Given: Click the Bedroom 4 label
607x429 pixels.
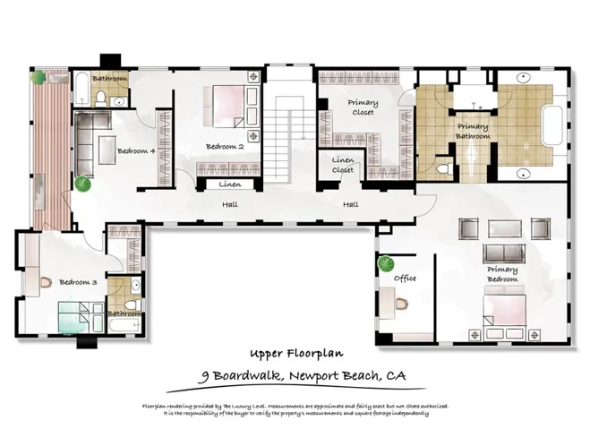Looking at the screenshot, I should (x=137, y=151).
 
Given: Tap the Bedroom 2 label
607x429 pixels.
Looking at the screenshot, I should (x=225, y=146).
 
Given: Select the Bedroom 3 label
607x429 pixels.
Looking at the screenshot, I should (x=78, y=282).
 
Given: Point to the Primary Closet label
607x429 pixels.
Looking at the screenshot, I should (x=362, y=108).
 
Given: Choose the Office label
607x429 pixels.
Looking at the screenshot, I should (x=405, y=279).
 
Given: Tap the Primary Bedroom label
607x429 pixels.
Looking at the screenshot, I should (x=502, y=274).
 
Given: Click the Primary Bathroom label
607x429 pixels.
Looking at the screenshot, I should (x=474, y=132).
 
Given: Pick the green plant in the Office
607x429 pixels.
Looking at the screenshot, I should (x=386, y=264).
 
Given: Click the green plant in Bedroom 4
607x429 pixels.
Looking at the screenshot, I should (x=83, y=184).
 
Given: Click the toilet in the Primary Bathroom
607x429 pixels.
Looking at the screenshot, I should (x=441, y=168).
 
